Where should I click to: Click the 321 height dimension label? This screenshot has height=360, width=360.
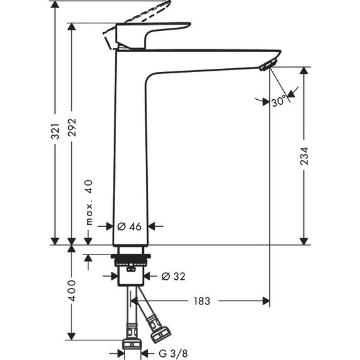click(x=55, y=131)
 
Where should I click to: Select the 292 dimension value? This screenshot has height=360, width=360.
click(x=71, y=131)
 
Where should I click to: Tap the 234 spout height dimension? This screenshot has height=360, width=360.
click(x=304, y=155)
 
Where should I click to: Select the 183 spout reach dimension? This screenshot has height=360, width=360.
click(x=202, y=301)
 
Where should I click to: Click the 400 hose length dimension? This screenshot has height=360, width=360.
click(x=71, y=290)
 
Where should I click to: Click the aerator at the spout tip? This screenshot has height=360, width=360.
click(x=268, y=63)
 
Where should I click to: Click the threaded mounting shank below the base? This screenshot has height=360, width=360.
click(x=131, y=260)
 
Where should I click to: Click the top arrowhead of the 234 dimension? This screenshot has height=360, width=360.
click(x=304, y=71)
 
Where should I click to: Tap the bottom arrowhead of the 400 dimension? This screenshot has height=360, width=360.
click(x=71, y=334)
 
